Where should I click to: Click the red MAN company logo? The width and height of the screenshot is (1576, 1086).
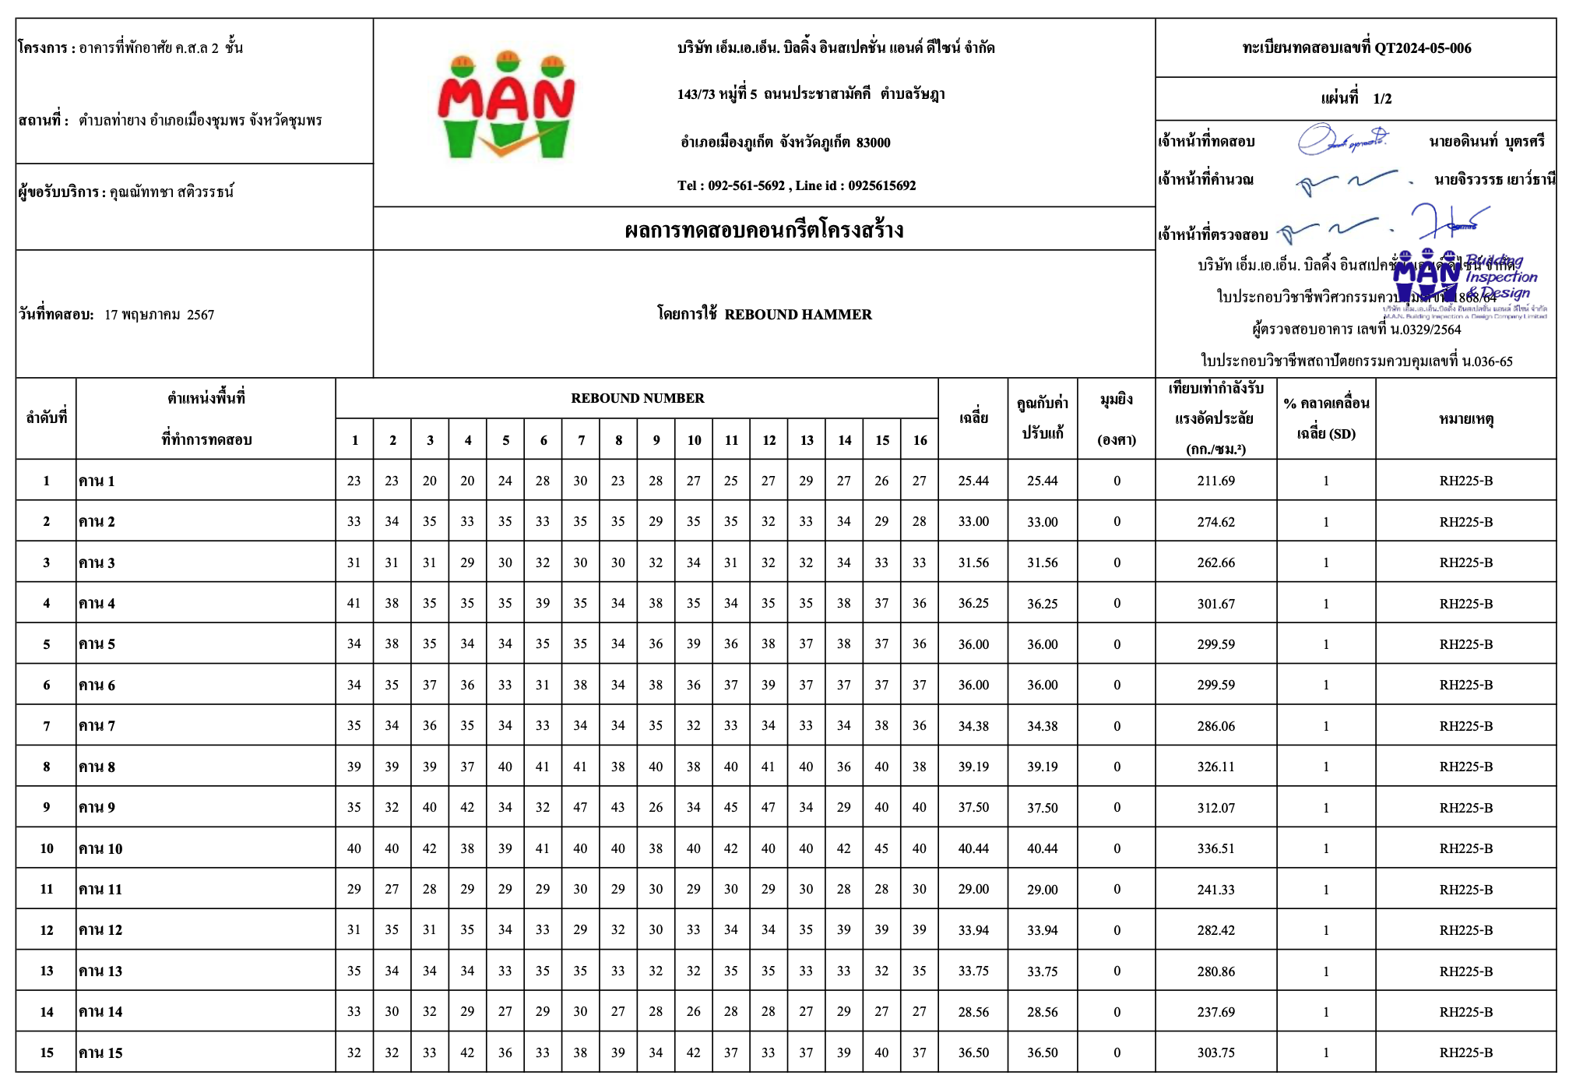click(x=506, y=105)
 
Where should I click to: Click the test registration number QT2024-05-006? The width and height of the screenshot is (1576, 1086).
click(x=1423, y=48)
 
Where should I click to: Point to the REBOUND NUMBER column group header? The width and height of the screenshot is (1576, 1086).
click(x=637, y=398)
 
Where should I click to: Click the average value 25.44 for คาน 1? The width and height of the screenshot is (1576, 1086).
click(x=973, y=481)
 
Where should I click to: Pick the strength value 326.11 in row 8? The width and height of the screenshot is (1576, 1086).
click(x=1215, y=767)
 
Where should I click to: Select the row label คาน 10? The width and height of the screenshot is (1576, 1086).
click(x=100, y=848)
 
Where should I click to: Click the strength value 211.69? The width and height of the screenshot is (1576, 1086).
click(x=1215, y=481)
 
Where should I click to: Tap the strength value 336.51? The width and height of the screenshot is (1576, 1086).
click(x=1215, y=848)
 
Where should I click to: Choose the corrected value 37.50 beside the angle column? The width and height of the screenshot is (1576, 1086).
click(x=1042, y=808)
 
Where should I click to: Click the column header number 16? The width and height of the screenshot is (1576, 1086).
click(x=920, y=440)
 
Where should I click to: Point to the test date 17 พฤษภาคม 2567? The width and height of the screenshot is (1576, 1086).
click(x=159, y=315)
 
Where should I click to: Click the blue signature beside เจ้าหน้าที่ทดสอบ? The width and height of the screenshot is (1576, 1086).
click(x=1341, y=140)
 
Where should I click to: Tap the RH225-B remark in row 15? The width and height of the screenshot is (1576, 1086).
click(x=1465, y=1053)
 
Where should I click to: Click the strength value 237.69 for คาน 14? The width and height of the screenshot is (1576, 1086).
click(x=1215, y=1012)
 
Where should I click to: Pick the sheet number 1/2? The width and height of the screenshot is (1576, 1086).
click(x=1382, y=99)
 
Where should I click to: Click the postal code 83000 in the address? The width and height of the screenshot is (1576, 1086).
click(x=873, y=143)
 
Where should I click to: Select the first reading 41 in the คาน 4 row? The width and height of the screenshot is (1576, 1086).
click(x=354, y=603)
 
